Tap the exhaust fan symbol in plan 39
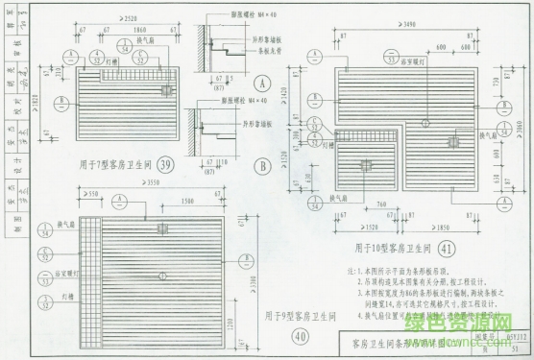166,89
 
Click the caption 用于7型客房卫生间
111,164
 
